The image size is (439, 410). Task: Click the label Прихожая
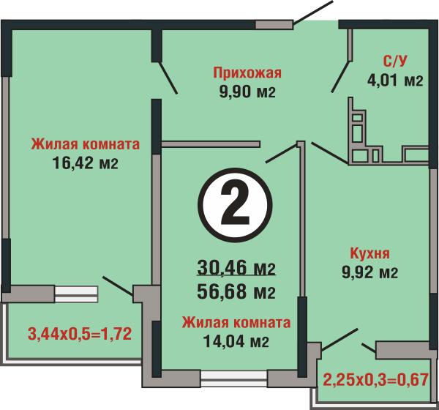(x=247, y=73)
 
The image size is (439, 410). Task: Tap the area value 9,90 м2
(x=247, y=92)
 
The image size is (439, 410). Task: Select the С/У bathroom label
(x=395, y=61)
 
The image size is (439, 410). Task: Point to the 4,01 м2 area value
(x=395, y=81)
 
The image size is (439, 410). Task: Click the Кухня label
(x=369, y=253)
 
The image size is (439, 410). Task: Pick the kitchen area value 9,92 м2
(x=369, y=272)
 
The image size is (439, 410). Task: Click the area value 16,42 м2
(x=85, y=163)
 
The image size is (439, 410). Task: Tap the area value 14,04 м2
(x=236, y=341)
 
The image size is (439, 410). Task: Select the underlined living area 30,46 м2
(x=236, y=268)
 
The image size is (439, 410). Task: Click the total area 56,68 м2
(x=236, y=291)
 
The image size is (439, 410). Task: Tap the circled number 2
(x=235, y=205)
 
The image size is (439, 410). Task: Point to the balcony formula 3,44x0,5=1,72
(x=80, y=334)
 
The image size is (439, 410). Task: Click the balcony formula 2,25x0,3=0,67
(x=376, y=380)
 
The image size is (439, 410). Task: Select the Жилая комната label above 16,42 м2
(x=85, y=144)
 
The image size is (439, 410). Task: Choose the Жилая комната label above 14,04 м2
(x=236, y=323)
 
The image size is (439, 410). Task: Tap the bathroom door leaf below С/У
(x=341, y=76)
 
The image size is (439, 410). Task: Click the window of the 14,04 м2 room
(x=234, y=379)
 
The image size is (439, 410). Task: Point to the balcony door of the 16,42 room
(x=118, y=286)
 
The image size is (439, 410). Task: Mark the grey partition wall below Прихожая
(x=211, y=144)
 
